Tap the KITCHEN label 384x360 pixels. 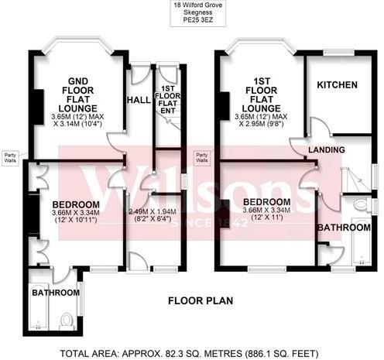pyautogui.click(x=337, y=84)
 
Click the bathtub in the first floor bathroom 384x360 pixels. pyautogui.click(x=362, y=252)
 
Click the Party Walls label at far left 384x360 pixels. pyautogui.click(x=12, y=156)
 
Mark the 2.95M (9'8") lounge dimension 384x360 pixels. pyautogui.click(x=261, y=123)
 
